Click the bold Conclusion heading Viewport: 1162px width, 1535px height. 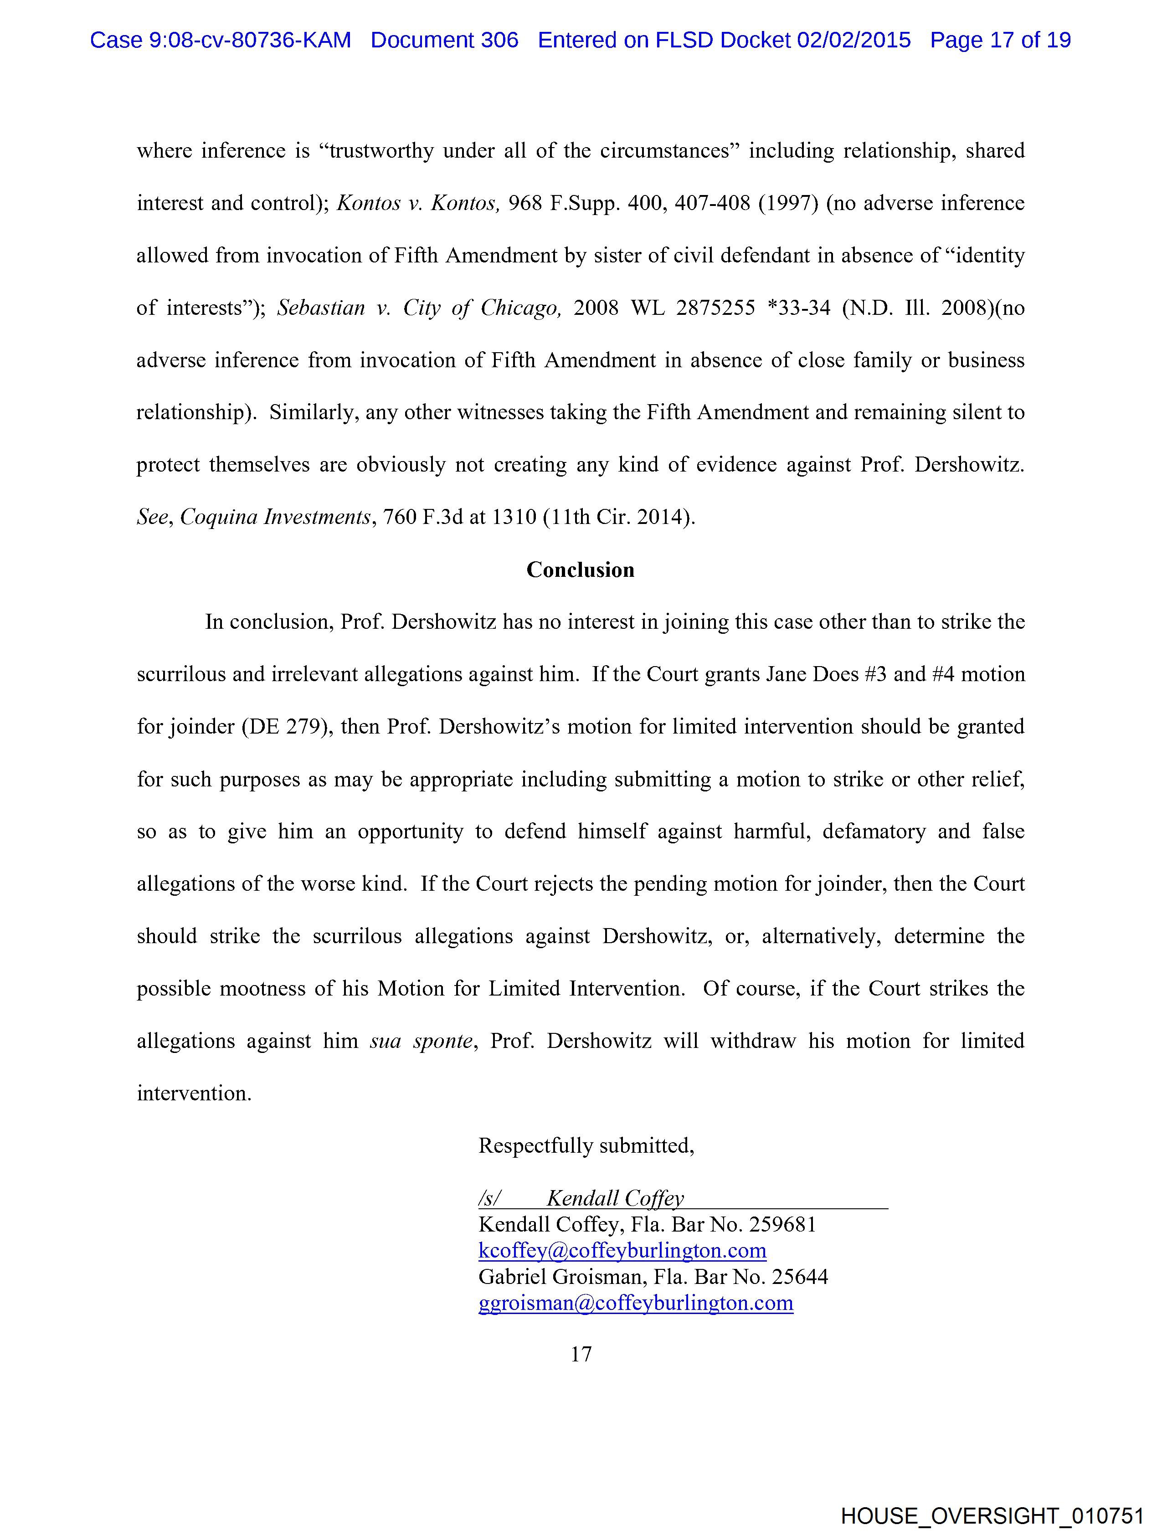pyautogui.click(x=580, y=570)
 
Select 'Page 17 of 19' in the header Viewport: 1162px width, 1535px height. pyautogui.click(x=1000, y=40)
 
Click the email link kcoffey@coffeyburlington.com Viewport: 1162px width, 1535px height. pyautogui.click(x=622, y=1251)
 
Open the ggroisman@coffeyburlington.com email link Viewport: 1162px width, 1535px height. pyautogui.click(x=636, y=1303)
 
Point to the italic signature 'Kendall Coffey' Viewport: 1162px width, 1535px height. pyautogui.click(x=615, y=1198)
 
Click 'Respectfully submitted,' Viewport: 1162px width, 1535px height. pyautogui.click(x=586, y=1146)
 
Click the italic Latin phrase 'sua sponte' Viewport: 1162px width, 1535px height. pyautogui.click(x=422, y=1041)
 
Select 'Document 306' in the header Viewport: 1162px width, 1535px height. pyautogui.click(x=444, y=40)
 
